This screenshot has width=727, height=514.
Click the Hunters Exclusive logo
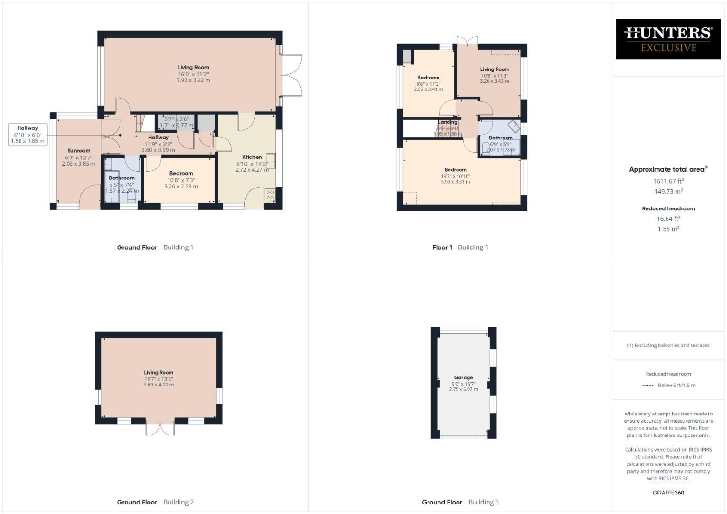(x=668, y=39)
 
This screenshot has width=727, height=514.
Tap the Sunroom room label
(x=79, y=151)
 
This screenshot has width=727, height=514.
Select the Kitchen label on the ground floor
(x=252, y=157)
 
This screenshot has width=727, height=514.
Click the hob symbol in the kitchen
(x=269, y=195)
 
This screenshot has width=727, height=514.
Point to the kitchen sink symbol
(x=270, y=160)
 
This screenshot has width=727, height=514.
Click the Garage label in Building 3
(x=463, y=377)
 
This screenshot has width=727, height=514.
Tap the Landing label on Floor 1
(x=448, y=122)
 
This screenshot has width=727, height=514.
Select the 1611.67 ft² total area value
(x=668, y=181)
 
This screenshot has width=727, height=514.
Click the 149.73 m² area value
(x=668, y=192)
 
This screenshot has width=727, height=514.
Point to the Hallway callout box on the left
(x=28, y=135)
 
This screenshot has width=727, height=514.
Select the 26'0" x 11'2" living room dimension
(x=193, y=74)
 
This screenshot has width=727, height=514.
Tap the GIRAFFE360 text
(x=668, y=493)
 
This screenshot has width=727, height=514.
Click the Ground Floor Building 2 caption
(x=155, y=502)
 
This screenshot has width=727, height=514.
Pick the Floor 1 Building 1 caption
(x=460, y=247)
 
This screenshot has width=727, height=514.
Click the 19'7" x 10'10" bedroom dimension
(x=455, y=176)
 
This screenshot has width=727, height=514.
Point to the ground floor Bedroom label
(x=181, y=174)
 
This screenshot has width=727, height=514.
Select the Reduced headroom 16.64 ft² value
(x=668, y=219)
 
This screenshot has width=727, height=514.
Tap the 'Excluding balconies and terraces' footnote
(x=668, y=346)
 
